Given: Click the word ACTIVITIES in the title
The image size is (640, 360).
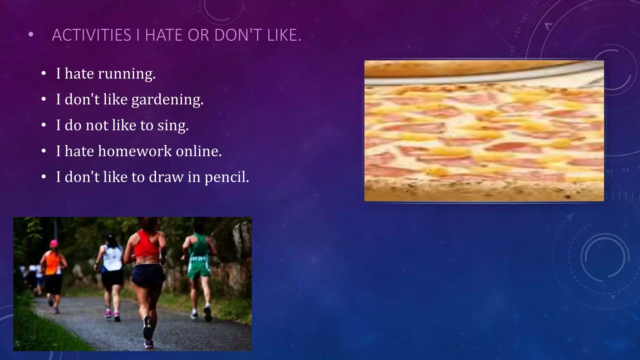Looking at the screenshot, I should pyautogui.click(x=91, y=35).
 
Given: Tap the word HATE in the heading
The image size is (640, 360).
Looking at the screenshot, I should pyautogui.click(x=163, y=35).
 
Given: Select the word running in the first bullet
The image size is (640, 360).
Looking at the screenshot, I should pyautogui.click(x=127, y=74).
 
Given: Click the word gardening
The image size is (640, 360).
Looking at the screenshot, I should pyautogui.click(x=167, y=100).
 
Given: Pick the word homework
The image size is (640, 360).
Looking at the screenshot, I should pyautogui.click(x=135, y=151).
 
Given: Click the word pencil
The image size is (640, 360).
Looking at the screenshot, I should pyautogui.click(x=227, y=177).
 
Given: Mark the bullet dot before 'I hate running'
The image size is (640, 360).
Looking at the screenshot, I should pyautogui.click(x=44, y=74).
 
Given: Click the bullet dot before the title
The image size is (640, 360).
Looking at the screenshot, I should pyautogui.click(x=30, y=35).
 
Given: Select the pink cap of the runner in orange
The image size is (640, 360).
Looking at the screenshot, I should pyautogui.click(x=54, y=243).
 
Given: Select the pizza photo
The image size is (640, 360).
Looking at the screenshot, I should pyautogui.click(x=484, y=131).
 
